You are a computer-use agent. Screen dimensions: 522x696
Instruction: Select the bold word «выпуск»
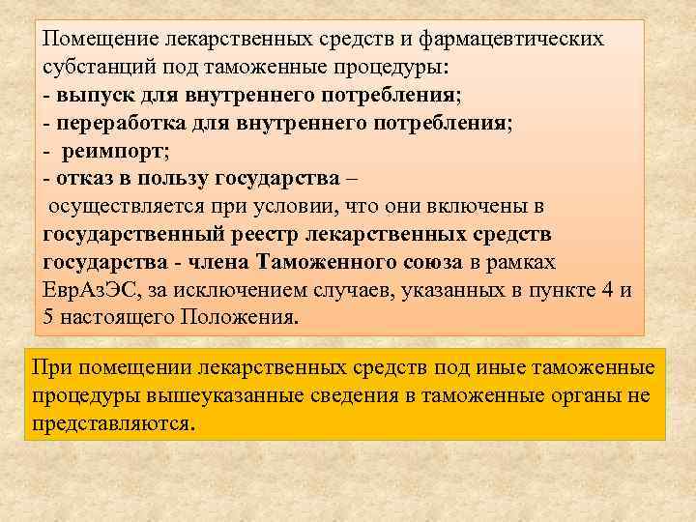(94, 96)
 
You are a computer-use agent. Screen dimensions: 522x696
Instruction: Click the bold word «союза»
(435, 263)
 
